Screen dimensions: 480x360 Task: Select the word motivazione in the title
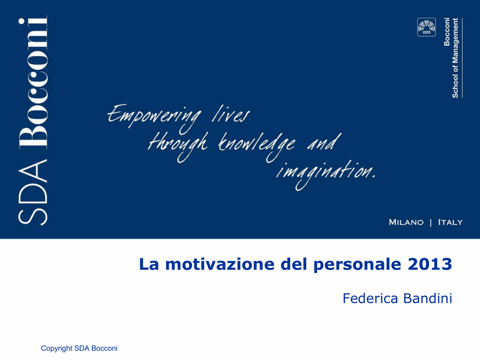pos(220,264)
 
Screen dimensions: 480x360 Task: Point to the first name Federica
pos(370,298)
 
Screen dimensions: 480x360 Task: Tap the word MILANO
pos(406,222)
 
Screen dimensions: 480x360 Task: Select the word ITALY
pos(450,222)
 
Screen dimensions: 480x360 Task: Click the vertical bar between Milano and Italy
pos(431,223)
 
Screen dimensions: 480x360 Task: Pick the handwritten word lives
pos(230,114)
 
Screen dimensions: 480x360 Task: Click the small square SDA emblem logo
pos(427,27)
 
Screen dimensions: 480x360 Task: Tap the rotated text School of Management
pos(455,58)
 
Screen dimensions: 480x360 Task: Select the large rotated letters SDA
pos(33,192)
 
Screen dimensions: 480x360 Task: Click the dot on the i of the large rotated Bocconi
pos(22,21)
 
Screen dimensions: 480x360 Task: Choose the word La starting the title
pos(149,264)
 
